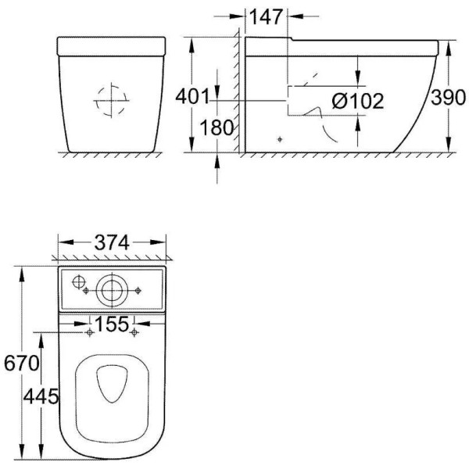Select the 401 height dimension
point(193,97)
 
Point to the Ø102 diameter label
point(356,101)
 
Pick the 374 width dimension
point(112,243)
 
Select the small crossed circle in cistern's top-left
point(77,281)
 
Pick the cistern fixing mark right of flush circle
point(138,291)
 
